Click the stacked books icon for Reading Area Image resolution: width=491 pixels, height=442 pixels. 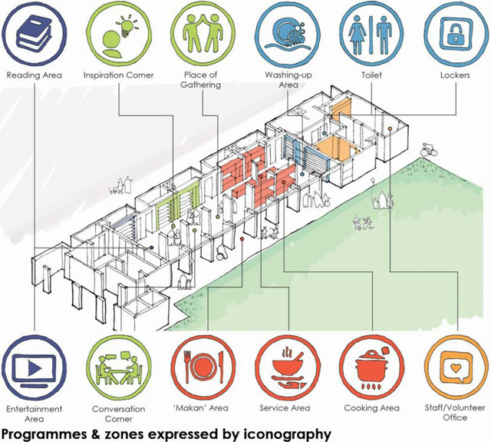coord(34,35)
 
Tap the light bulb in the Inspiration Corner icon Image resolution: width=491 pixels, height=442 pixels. coord(127,28)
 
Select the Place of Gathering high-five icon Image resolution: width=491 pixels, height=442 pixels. coord(203,32)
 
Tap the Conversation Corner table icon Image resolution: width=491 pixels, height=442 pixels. coord(118,369)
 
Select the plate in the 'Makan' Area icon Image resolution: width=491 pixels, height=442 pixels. coord(203,367)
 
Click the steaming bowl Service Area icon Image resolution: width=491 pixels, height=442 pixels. coord(287,368)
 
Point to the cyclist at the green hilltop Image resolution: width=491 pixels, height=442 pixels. coord(428,150)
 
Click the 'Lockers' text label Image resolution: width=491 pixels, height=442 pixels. coord(455,75)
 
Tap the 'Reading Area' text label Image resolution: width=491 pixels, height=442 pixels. coord(34,75)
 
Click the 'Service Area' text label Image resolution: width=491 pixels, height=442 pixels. coord(285,408)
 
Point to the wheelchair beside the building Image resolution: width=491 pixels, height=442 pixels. coord(222,251)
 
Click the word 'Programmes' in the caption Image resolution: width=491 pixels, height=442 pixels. coord(44,435)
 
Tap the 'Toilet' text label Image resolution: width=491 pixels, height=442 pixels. coord(371,75)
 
